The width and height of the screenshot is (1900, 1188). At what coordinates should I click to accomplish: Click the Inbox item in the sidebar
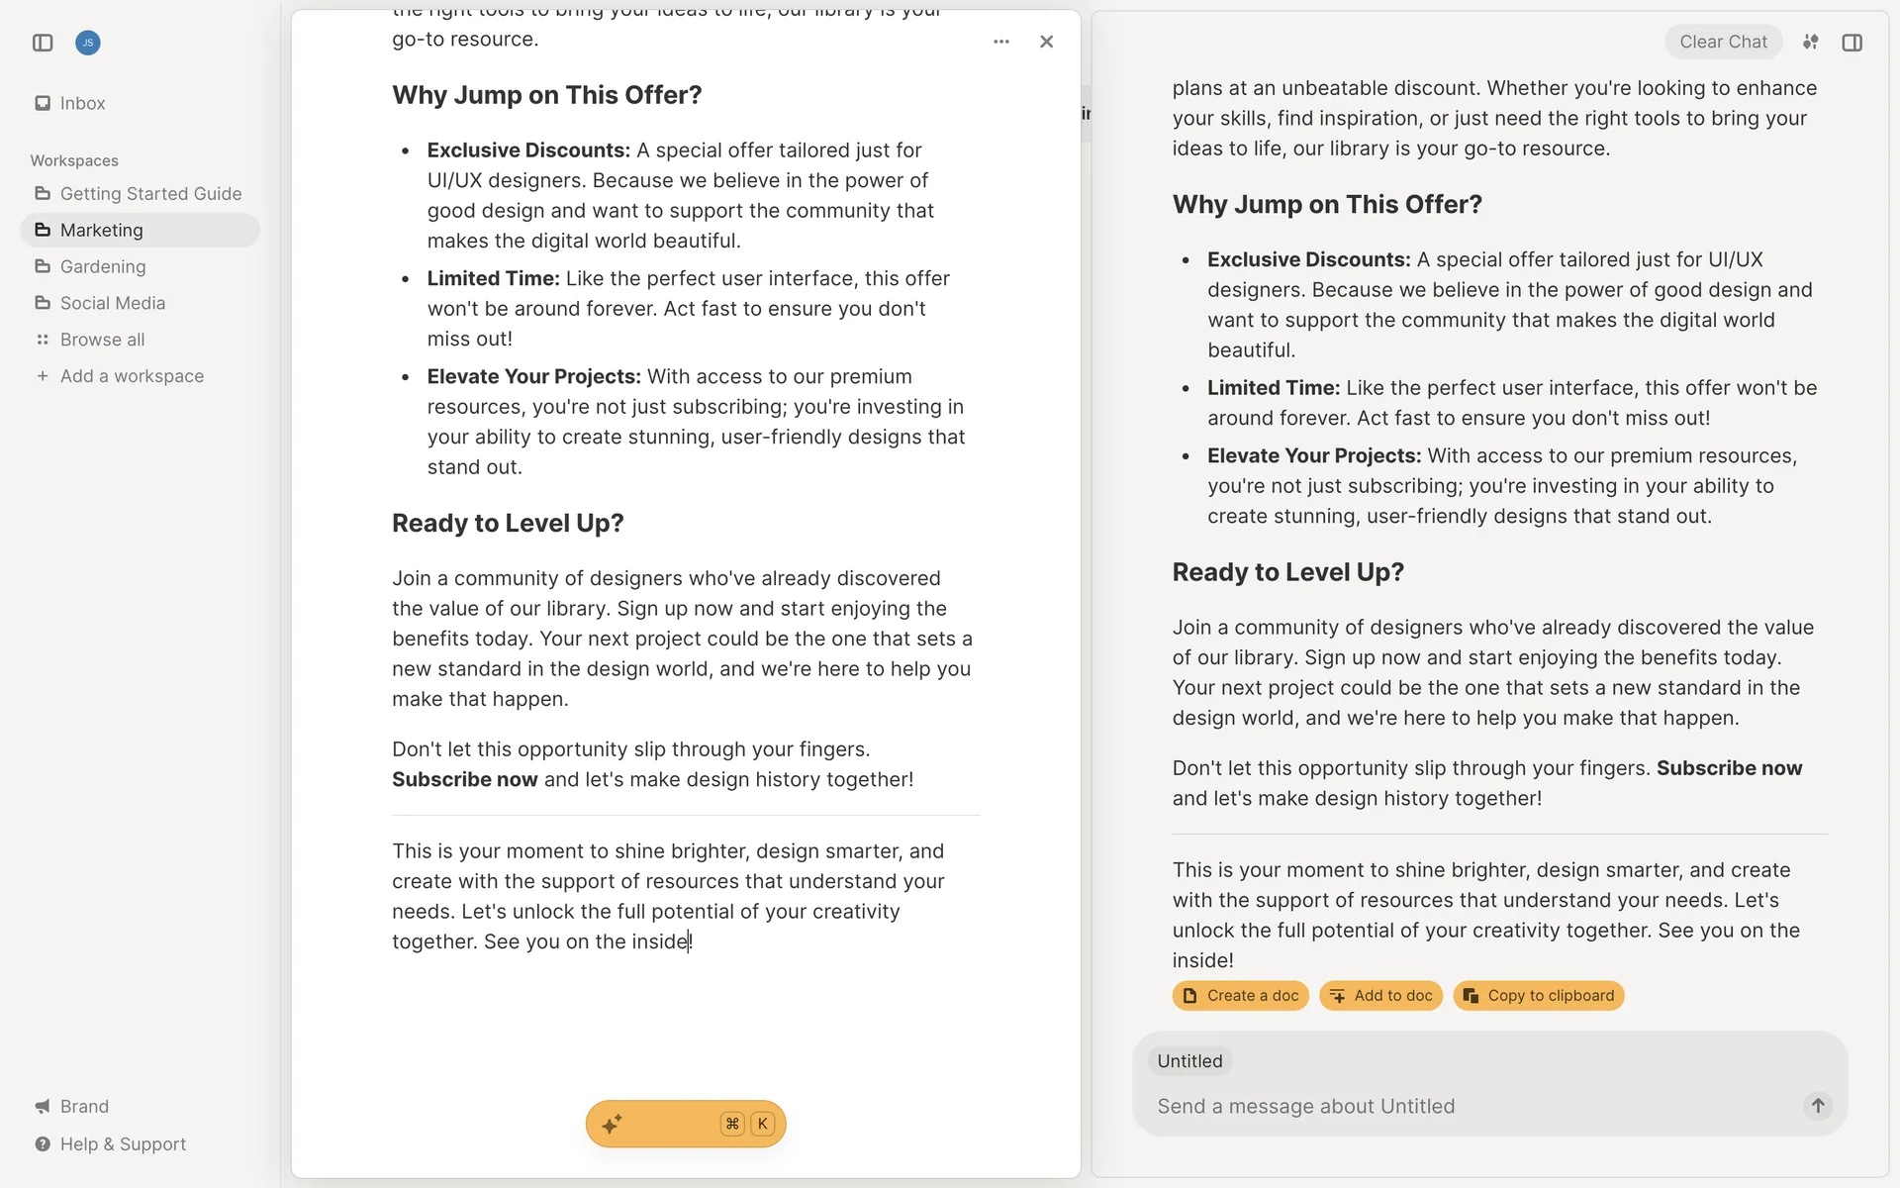click(81, 103)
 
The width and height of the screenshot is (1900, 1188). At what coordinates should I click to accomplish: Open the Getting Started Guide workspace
click(149, 194)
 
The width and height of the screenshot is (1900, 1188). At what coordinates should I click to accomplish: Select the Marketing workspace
click(101, 231)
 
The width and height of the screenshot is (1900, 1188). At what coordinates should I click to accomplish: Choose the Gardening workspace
click(102, 267)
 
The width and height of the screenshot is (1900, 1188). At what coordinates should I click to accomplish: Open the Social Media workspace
click(112, 304)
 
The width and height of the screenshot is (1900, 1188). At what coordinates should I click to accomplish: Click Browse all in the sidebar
click(102, 341)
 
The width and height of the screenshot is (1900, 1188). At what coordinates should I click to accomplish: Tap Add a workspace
click(131, 377)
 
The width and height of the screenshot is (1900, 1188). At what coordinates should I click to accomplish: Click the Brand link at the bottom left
click(83, 1107)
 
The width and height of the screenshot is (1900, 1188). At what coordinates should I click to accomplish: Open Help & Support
click(122, 1144)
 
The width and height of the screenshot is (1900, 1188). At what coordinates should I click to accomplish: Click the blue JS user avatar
click(88, 43)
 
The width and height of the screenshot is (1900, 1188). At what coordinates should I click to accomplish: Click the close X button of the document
click(1046, 42)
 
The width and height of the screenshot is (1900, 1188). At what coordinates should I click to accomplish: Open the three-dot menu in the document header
click(1001, 42)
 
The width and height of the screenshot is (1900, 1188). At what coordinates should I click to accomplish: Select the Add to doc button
click(1381, 996)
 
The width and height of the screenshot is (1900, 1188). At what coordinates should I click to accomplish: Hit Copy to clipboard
click(1539, 996)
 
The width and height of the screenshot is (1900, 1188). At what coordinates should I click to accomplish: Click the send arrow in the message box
click(1818, 1106)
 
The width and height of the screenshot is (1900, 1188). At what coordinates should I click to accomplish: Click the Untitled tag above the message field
click(1189, 1061)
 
